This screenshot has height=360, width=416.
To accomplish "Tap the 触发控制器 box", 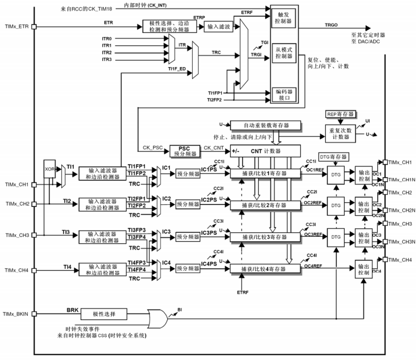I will tap(283, 18).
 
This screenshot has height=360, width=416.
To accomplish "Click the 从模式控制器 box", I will tap(283, 52).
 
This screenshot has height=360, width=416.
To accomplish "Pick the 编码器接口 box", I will tap(283, 94).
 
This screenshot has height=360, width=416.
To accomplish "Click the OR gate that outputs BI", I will tap(157, 316).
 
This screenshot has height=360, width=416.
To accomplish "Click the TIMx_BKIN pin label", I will tap(17, 314).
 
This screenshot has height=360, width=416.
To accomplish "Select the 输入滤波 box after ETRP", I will tap(219, 26).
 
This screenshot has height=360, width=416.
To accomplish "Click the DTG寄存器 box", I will tap(335, 157).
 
